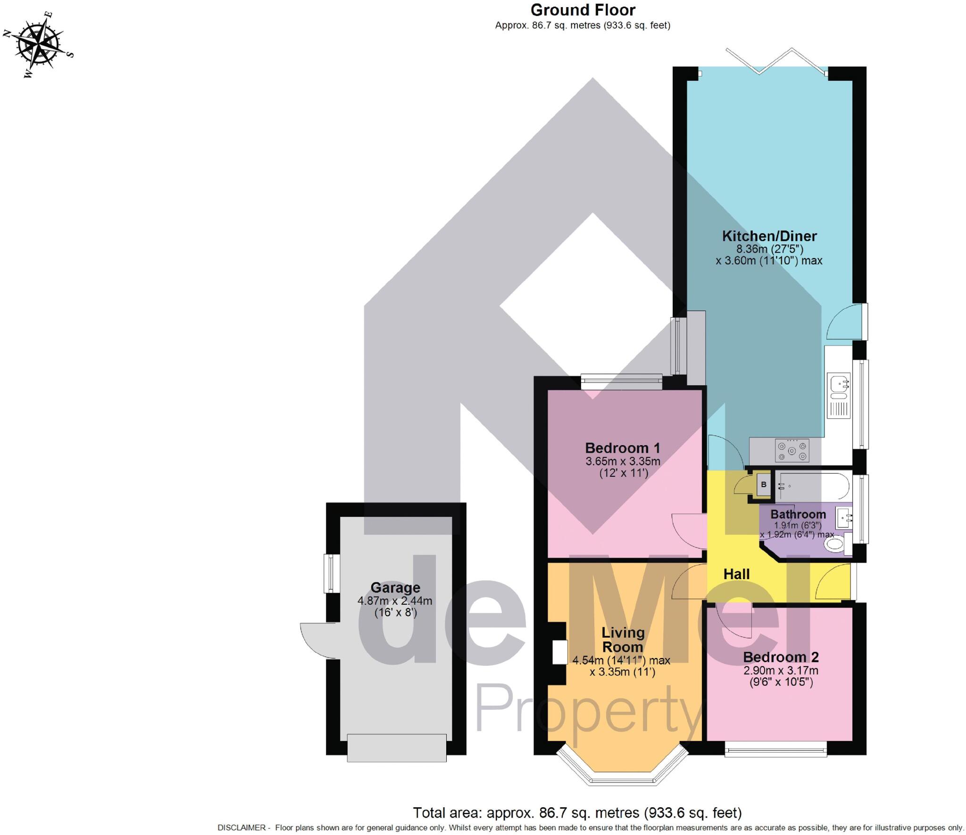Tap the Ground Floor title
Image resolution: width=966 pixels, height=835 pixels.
pos(583,10)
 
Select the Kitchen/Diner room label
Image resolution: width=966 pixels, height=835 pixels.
pos(769,236)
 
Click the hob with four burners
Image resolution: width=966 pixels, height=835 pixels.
pos(792,451)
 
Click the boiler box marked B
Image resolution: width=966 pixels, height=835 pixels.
pos(764,485)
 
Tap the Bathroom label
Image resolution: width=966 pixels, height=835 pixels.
pos(798,514)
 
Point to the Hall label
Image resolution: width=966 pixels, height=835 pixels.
pos(736,574)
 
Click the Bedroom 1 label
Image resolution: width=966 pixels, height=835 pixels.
pos(622,448)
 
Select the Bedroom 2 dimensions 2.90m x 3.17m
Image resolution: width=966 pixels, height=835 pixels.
pos(781,671)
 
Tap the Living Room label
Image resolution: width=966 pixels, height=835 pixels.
pos(623,640)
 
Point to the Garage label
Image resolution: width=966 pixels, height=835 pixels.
pos(395,588)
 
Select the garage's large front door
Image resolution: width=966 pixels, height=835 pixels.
pos(396,747)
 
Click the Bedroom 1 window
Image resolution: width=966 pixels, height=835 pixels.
pos(622,381)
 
